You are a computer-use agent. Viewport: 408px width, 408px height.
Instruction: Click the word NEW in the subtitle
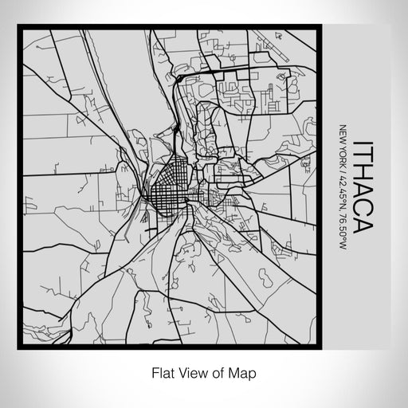click(343, 133)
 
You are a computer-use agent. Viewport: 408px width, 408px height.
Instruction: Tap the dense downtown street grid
click(171, 195)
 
